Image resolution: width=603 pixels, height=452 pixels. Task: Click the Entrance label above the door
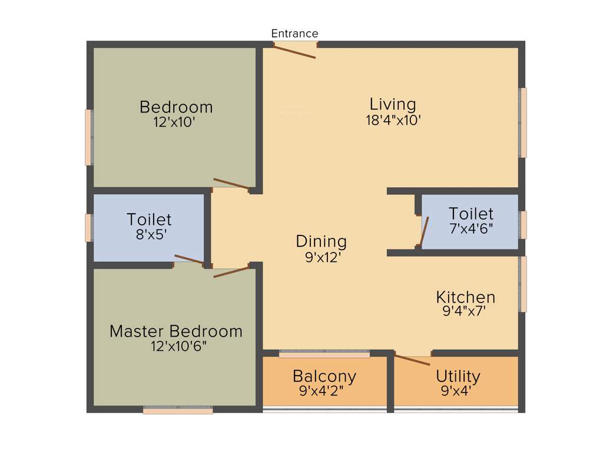click(x=294, y=34)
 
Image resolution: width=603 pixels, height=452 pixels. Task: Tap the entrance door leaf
click(x=295, y=51)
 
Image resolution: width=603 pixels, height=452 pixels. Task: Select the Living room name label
click(x=393, y=104)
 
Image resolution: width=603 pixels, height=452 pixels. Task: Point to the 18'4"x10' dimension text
click(x=393, y=120)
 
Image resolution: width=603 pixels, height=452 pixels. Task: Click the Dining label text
click(x=321, y=241)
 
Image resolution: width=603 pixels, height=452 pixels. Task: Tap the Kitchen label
click(x=465, y=297)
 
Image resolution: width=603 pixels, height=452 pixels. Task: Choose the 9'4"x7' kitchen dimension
click(x=464, y=312)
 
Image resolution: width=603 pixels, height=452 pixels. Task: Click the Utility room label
click(x=458, y=376)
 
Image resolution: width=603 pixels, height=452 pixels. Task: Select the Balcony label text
click(x=324, y=376)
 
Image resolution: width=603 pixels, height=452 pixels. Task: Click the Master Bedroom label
click(x=176, y=331)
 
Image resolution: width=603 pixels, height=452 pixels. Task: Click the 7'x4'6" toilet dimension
click(x=471, y=228)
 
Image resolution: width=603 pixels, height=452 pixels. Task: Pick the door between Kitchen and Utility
click(x=412, y=360)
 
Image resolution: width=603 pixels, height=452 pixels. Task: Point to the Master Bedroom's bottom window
click(x=178, y=410)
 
